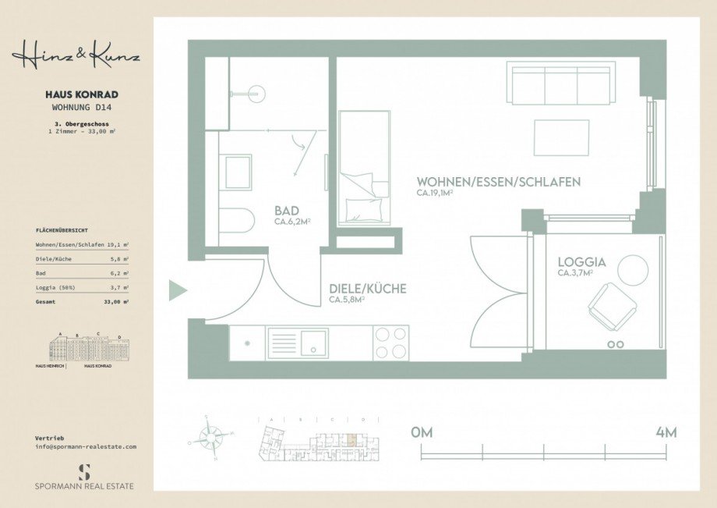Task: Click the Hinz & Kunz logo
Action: coord(76,56)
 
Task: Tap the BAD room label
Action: coord(287,211)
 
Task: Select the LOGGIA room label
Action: coord(581,262)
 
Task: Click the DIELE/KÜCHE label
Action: coord(367,289)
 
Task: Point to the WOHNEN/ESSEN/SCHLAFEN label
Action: coord(498,182)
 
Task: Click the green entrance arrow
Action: coord(178,291)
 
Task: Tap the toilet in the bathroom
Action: coord(236,221)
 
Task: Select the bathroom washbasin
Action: coord(238,172)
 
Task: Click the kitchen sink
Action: coord(314,343)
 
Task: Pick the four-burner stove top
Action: coord(391,343)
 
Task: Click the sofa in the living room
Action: coord(559,83)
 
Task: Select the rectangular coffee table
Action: coord(561,137)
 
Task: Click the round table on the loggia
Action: coord(633,270)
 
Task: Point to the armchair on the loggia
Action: coord(612,306)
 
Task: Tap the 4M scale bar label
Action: coord(666,432)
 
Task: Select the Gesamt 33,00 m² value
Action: coord(116,300)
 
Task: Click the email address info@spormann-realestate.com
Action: coord(86,446)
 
